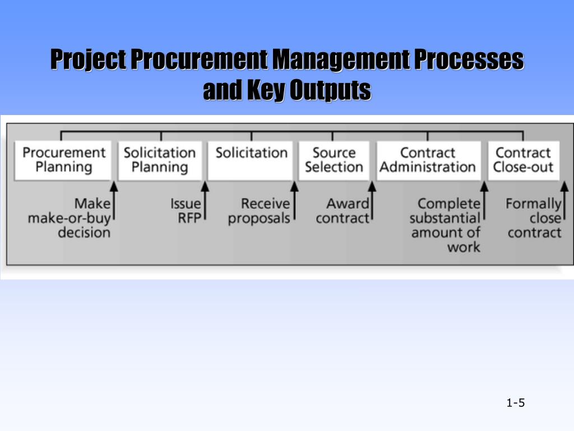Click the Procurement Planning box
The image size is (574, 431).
tap(63, 160)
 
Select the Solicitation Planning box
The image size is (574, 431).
tap(160, 160)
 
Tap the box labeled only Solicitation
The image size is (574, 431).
tap(251, 160)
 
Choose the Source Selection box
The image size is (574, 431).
tap(334, 160)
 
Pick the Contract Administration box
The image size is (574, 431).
tap(428, 160)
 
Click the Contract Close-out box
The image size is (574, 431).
tap(524, 160)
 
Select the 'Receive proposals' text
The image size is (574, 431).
tap(260, 210)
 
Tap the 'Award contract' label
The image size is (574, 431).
tap(342, 210)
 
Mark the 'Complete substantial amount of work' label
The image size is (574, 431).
tap(445, 224)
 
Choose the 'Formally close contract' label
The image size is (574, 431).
tap(534, 218)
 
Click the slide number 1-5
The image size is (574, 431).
tap(515, 402)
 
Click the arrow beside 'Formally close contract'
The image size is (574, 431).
tap(565, 205)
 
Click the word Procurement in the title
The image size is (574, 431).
tap(200, 60)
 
